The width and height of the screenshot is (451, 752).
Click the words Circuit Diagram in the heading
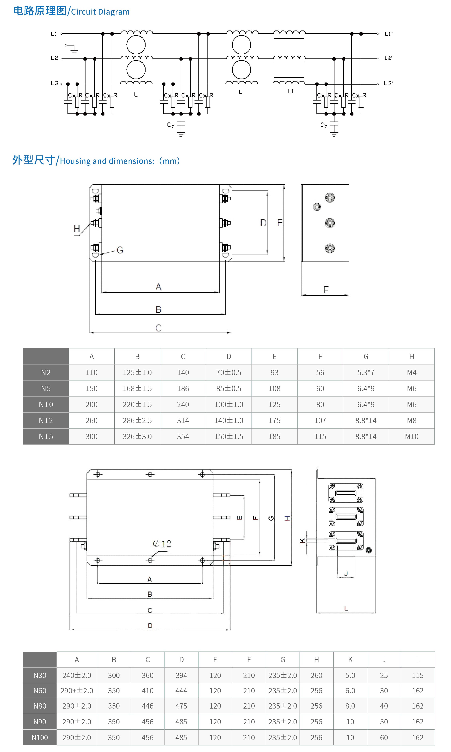click(100, 12)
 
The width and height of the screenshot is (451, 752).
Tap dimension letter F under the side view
click(326, 290)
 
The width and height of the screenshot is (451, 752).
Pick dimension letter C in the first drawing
click(158, 328)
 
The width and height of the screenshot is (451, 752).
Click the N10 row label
click(46, 404)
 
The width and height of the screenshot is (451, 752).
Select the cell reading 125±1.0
click(137, 373)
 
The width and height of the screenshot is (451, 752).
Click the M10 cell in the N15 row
click(412, 436)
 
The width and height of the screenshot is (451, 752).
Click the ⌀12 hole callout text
click(162, 544)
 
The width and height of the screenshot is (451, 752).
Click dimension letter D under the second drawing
click(150, 626)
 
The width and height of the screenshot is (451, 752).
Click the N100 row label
click(40, 737)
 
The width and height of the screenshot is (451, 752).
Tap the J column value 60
click(384, 737)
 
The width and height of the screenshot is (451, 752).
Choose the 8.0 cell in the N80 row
click(350, 706)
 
